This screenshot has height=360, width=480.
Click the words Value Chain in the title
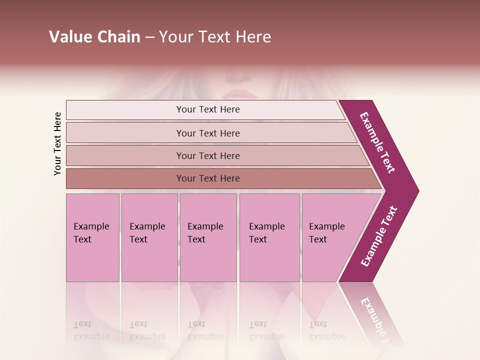click(94, 37)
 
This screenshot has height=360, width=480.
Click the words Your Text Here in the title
click(215, 37)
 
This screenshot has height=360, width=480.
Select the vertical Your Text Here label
click(58, 143)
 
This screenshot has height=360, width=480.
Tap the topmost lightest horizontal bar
click(207, 109)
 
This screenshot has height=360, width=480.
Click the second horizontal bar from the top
click(207, 133)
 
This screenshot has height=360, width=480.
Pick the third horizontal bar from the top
click(207, 155)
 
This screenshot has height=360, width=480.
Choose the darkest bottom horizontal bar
click(207, 178)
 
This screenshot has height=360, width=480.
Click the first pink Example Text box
click(92, 237)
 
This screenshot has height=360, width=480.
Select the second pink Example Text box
click(149, 237)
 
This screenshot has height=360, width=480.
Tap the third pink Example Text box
click(207, 237)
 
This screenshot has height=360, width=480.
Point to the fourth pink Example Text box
click(269, 237)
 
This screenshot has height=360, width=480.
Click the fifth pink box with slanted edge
click(330, 237)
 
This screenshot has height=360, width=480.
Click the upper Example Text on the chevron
click(378, 142)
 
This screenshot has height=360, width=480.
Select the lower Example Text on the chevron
click(379, 236)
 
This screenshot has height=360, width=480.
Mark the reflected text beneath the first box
click(91, 330)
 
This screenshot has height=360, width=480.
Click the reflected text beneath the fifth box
click(326, 330)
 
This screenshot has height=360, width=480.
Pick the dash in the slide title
click(149, 37)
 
